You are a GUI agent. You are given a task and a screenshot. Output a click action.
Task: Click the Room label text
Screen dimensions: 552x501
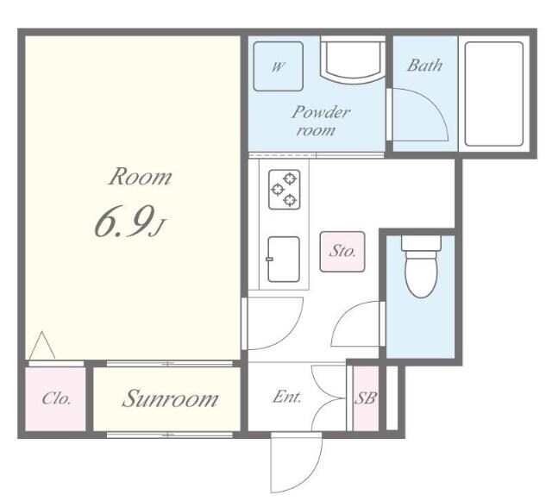click(140, 177)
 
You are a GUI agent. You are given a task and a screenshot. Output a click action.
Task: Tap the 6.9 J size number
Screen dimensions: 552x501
click(129, 222)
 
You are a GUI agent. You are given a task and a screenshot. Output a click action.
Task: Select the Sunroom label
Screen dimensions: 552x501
click(170, 399)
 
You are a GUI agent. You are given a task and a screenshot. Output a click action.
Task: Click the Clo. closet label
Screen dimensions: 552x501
click(56, 399)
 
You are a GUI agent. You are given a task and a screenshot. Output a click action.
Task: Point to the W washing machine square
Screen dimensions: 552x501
click(278, 66)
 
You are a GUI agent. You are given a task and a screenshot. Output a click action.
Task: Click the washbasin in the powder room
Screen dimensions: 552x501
click(353, 60)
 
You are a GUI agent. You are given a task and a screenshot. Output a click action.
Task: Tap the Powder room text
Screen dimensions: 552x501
click(320, 121)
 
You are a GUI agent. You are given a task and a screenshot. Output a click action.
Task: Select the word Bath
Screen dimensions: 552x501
click(424, 66)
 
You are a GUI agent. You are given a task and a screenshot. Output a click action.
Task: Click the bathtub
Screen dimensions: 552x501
click(494, 94)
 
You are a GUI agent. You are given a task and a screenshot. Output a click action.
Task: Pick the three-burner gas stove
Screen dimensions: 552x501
click(285, 190)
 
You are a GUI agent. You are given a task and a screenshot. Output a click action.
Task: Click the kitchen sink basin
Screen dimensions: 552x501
click(284, 260)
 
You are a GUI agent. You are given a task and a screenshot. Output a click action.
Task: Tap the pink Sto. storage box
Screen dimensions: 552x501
click(342, 252)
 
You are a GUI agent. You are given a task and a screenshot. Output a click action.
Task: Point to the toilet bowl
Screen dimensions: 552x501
click(421, 273)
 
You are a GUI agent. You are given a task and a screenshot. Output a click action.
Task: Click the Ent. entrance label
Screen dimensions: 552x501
click(287, 398)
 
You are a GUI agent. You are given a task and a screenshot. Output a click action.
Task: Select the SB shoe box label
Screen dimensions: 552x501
click(365, 398)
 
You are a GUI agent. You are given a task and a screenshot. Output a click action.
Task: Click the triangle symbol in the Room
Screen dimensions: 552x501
click(42, 345)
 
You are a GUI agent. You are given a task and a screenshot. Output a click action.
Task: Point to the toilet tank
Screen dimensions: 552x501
click(421, 243)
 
